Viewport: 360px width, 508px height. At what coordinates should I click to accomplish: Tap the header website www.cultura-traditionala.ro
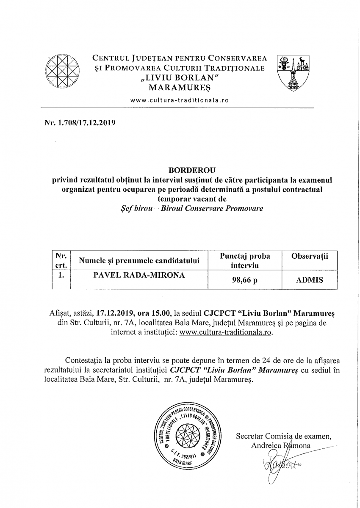tap(180, 101)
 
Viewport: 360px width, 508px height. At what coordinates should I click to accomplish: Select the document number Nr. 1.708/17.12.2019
tap(80, 124)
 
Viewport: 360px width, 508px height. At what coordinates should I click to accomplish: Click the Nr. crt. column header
tap(60, 261)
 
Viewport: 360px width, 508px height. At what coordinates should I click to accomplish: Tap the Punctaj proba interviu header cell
tap(245, 261)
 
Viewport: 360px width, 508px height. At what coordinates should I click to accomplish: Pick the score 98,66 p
tap(245, 280)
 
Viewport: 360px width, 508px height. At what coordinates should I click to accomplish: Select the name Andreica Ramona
tap(281, 445)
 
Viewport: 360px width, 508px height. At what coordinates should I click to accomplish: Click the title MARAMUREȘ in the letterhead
tap(180, 88)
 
